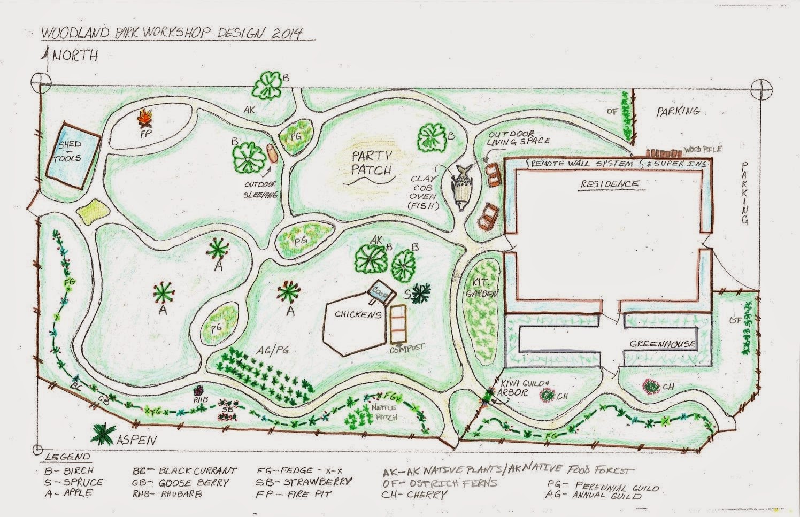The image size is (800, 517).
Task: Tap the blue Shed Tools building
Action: tap(72, 152)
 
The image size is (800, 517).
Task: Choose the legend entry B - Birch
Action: tap(70, 471)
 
